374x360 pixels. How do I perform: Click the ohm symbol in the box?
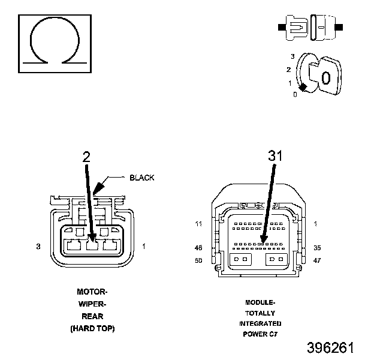coord(55,19)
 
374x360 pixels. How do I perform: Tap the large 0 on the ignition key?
coord(326,78)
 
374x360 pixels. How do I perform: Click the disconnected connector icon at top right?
coord(310,28)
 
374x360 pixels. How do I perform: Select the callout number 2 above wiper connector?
coord(86,157)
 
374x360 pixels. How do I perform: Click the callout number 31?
coord(275,155)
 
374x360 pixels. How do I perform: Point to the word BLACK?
coord(142,178)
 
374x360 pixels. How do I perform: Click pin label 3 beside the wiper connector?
coord(38,247)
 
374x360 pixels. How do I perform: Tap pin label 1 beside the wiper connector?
coord(144,246)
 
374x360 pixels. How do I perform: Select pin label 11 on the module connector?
coord(199,224)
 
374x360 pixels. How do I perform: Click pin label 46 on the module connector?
coord(198,248)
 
